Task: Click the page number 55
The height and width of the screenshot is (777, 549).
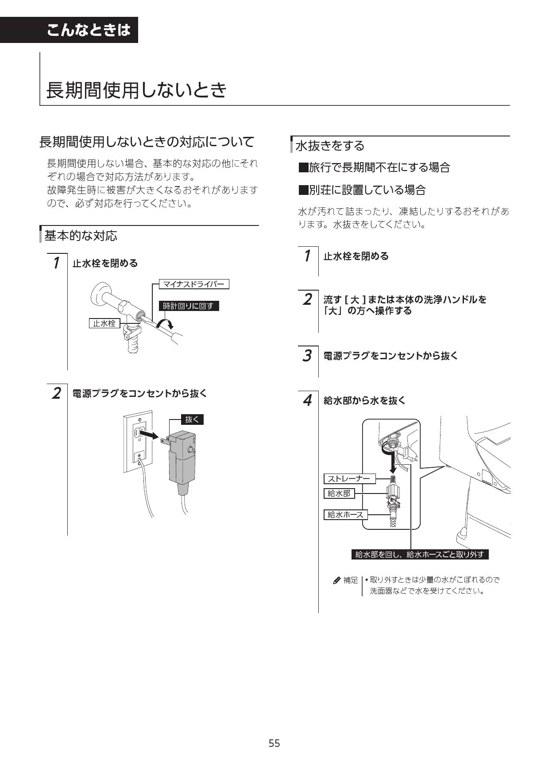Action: point(274,743)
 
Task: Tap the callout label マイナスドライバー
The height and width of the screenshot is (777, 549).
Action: point(194,284)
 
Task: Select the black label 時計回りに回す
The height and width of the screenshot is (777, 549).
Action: point(189,306)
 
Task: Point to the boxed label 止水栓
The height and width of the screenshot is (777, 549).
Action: point(104,323)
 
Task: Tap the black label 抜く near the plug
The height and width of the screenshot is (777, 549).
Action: point(192,420)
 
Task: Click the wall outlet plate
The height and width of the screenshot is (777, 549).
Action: point(139,444)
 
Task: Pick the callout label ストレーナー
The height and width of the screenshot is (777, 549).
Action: point(349,479)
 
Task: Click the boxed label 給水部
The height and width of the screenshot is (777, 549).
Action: point(339,493)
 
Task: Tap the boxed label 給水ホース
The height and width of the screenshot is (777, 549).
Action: point(345,515)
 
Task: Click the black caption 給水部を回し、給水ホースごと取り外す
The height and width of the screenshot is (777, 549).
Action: point(420,554)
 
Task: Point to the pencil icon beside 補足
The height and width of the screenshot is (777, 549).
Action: point(337,580)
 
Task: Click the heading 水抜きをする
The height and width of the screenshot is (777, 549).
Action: point(330,146)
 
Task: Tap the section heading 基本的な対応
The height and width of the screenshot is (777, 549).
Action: point(81,236)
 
